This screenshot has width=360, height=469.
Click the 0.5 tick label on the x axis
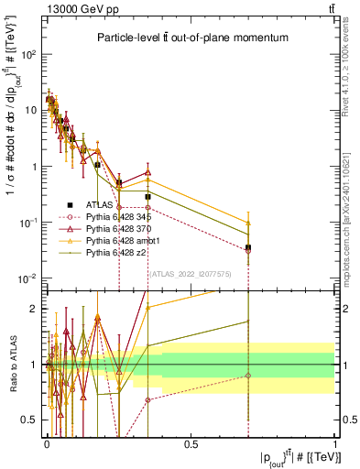click(x=191, y=444)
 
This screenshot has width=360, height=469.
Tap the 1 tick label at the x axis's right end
click(x=334, y=444)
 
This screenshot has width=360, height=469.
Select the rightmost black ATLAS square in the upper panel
click(x=248, y=247)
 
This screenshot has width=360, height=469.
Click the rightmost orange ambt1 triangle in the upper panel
click(x=248, y=223)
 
